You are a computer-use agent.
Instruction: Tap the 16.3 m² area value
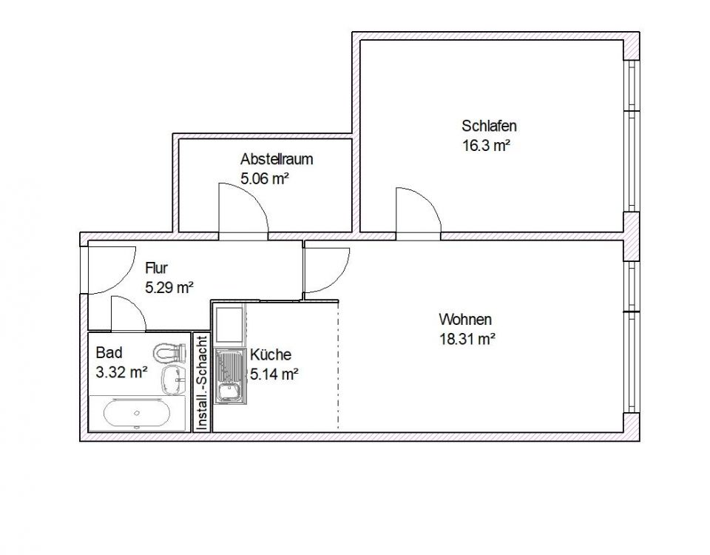(487, 146)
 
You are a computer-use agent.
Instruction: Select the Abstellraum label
(277, 159)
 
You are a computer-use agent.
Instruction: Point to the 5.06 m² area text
(264, 178)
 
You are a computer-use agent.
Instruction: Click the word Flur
(157, 268)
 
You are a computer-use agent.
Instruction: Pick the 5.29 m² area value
(169, 288)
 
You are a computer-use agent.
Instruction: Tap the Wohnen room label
(465, 320)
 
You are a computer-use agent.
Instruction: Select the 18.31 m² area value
(467, 340)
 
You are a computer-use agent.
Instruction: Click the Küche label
(270, 354)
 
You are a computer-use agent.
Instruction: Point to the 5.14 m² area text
(274, 374)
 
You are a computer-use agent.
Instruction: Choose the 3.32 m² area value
(121, 373)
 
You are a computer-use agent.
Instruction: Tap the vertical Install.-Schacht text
(201, 382)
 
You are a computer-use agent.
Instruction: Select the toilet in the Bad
(169, 351)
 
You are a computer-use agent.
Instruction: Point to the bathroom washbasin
(174, 378)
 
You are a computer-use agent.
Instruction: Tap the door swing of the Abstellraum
(243, 209)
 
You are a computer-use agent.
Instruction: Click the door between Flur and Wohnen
(326, 268)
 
